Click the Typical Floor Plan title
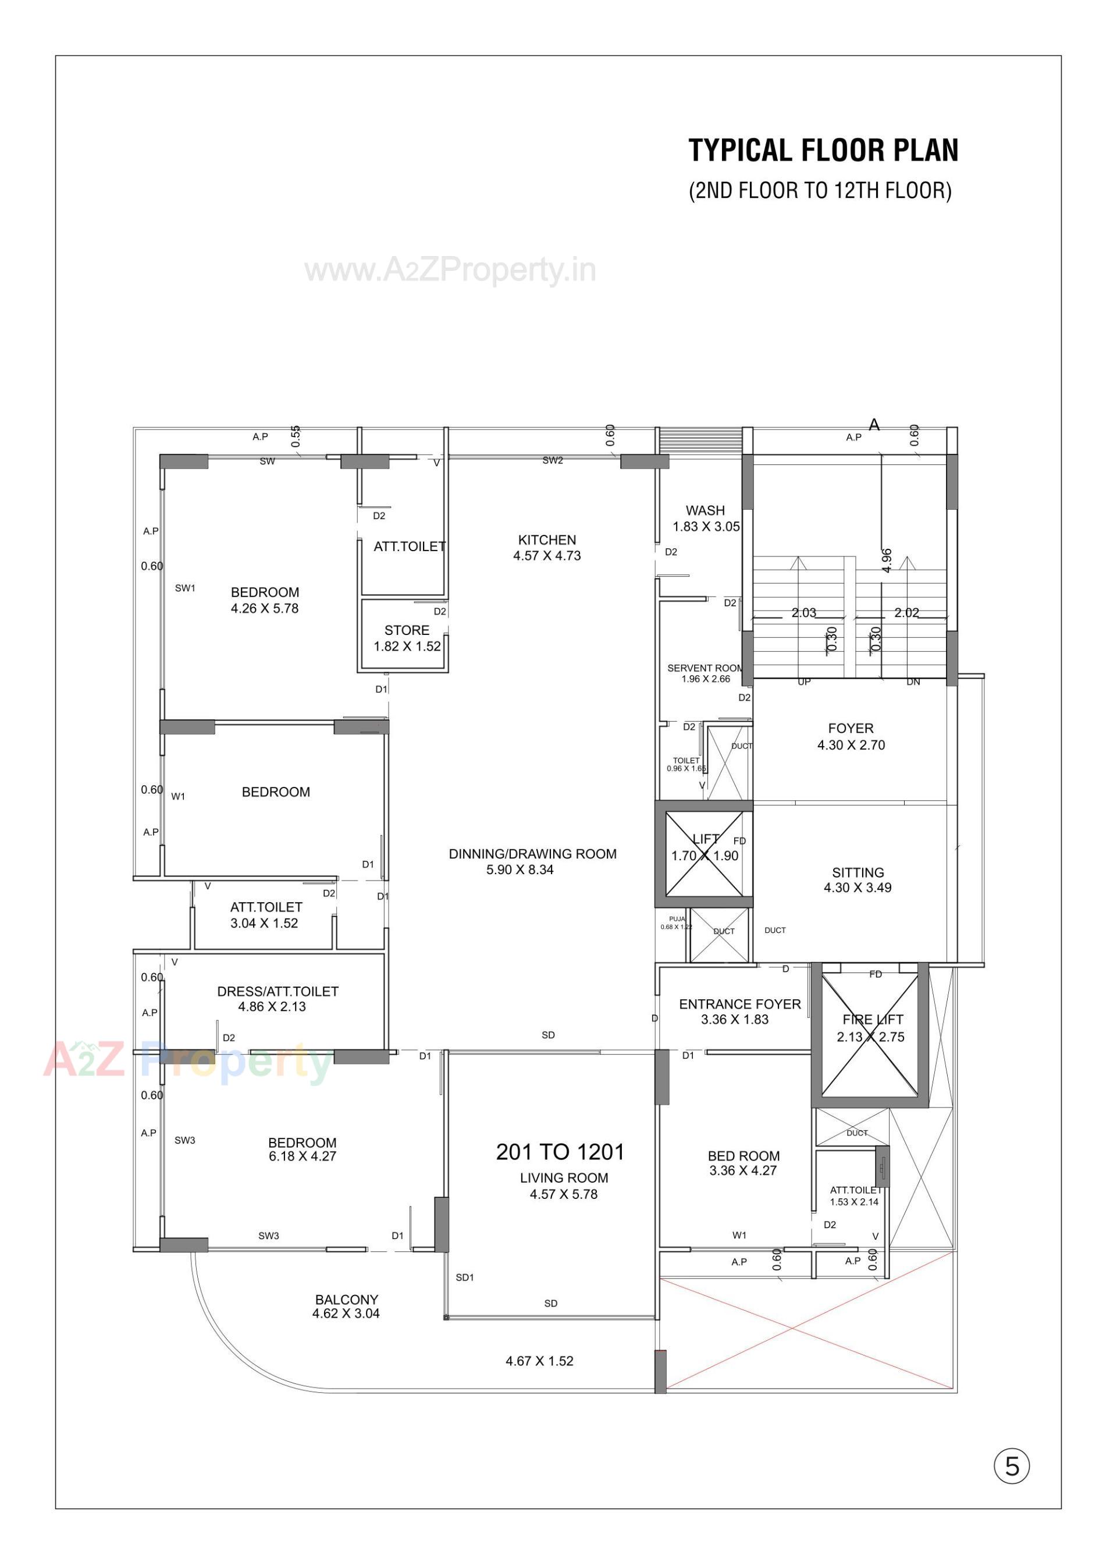pos(823,150)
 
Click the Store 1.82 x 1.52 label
pos(407,638)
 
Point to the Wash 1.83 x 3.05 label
pos(706,518)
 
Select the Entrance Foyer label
pos(739,1012)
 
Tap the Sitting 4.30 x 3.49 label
pos(858,880)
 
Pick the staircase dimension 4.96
pos(887,560)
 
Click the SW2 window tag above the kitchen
pos(552,460)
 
